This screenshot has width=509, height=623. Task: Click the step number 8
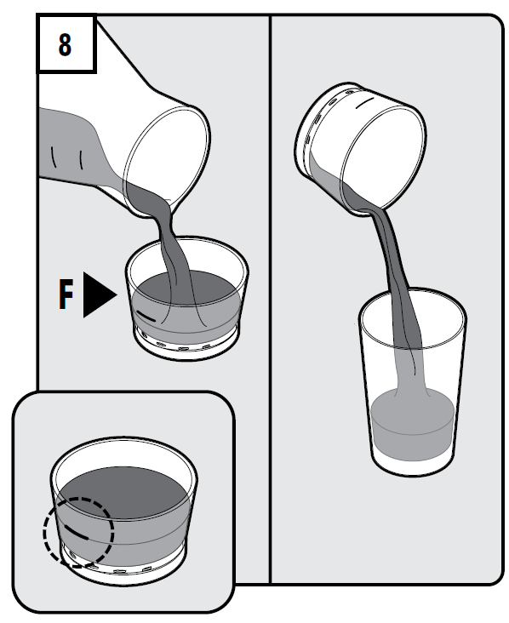(65, 44)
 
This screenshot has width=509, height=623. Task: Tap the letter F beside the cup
(66, 294)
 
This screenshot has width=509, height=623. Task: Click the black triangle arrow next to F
(100, 294)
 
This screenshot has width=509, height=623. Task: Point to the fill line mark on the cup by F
(146, 316)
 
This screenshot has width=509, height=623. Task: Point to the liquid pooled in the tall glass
(413, 426)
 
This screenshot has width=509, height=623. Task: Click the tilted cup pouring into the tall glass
(359, 147)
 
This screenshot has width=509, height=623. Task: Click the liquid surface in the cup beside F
(186, 288)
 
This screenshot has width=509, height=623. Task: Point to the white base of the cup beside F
(186, 345)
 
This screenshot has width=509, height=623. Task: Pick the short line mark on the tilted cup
(365, 104)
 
